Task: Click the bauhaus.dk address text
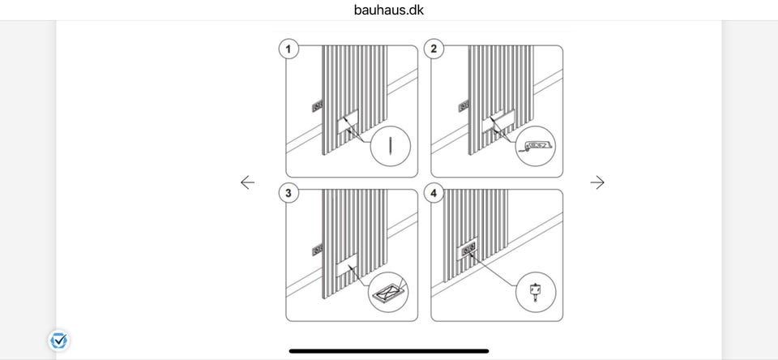tap(389, 10)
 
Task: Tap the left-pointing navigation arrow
tap(248, 182)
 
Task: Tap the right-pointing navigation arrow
tap(597, 182)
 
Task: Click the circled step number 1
tap(289, 49)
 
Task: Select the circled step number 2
tap(434, 49)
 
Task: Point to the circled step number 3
tap(289, 193)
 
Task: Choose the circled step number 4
tap(434, 193)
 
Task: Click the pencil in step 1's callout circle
tap(391, 146)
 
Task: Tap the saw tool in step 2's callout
tap(536, 146)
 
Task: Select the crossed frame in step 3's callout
tap(389, 291)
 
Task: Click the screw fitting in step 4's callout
tap(535, 291)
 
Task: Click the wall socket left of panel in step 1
tap(317, 105)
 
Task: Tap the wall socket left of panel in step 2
tap(464, 105)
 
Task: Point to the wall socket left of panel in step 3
tap(317, 251)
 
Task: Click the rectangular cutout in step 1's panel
tap(348, 122)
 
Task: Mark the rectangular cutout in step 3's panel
tap(347, 264)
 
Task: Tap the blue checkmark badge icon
tap(59, 341)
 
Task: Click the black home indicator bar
tap(389, 351)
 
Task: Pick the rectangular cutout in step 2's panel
tap(498, 121)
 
